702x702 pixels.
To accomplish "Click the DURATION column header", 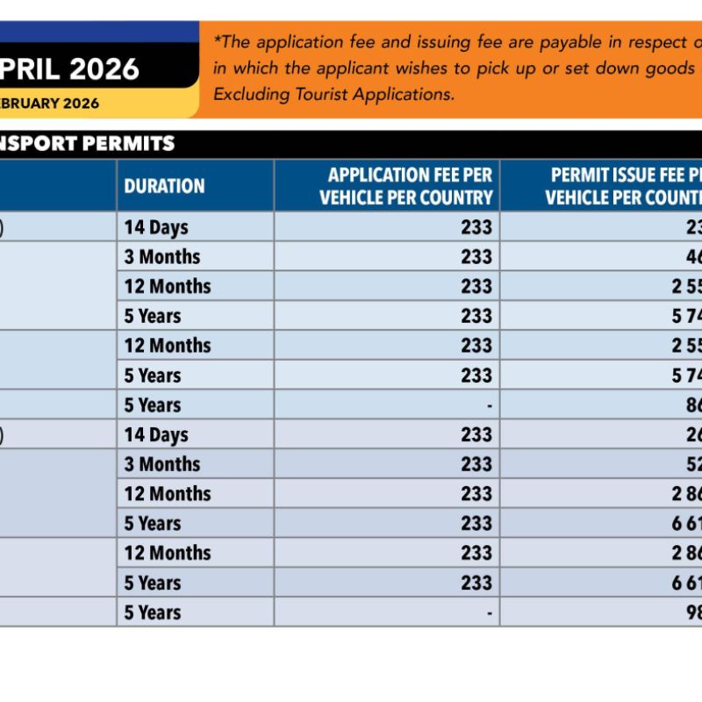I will tap(164, 186).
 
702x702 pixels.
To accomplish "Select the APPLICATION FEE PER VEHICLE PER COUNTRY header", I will tap(405, 186).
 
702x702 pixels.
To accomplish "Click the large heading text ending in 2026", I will tap(70, 68).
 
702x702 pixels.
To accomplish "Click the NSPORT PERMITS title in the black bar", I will tap(88, 143).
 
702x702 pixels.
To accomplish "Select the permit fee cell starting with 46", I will tap(688, 257).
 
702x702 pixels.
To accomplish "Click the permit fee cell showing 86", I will tap(688, 405).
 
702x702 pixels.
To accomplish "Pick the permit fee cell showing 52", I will tap(688, 464).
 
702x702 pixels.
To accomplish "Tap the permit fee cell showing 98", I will tap(688, 612).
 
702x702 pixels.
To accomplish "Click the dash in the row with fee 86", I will tap(489, 405).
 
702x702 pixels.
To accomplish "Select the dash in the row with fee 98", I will tap(489, 612).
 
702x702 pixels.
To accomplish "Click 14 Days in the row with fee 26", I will tap(156, 434).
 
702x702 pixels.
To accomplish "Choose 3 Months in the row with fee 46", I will tap(162, 257).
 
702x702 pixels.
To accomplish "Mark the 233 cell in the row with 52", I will tap(476, 464).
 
